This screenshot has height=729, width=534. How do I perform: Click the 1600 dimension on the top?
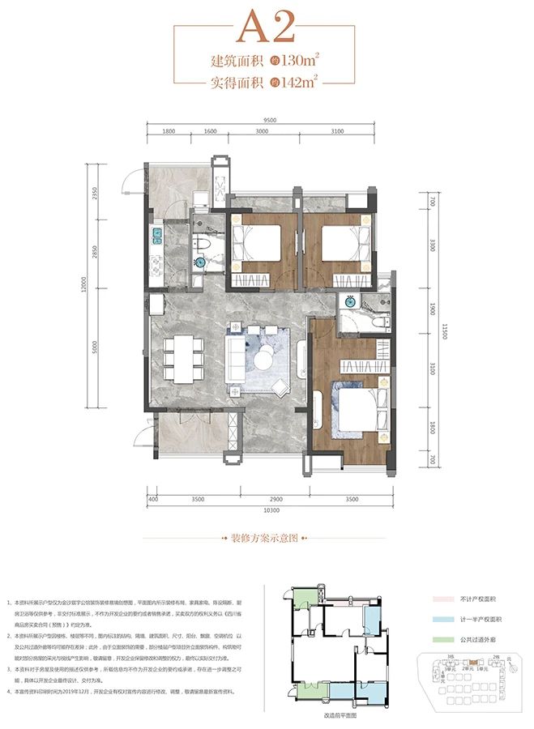(210, 131)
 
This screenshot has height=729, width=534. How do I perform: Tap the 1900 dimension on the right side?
(434, 309)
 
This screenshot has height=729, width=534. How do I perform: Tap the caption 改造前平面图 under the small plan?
(327, 717)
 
